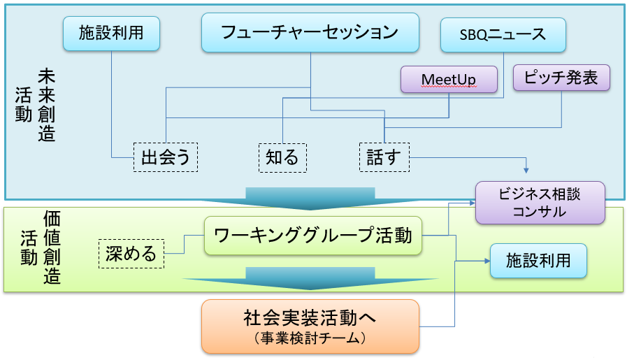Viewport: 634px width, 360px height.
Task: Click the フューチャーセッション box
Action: (x=310, y=32)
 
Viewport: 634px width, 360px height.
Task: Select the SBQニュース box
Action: (x=503, y=35)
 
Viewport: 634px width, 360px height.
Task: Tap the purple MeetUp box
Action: (x=449, y=79)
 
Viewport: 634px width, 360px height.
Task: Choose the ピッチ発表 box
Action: (x=561, y=78)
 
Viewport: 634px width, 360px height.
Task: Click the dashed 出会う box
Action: (x=166, y=157)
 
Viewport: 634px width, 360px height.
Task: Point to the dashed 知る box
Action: (x=282, y=158)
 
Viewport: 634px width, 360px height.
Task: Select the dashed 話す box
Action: (x=384, y=157)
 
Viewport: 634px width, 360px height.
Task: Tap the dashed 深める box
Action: (x=131, y=254)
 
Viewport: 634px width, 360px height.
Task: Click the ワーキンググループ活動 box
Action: (x=313, y=236)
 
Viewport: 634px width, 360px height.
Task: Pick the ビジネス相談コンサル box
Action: (x=540, y=203)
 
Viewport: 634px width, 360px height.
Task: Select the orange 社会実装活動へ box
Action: (x=310, y=326)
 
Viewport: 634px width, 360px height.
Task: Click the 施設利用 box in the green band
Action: (x=538, y=261)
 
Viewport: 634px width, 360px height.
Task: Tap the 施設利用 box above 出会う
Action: (x=111, y=33)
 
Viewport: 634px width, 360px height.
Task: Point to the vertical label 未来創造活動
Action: (x=36, y=105)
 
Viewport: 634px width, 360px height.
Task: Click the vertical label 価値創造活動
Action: (x=41, y=247)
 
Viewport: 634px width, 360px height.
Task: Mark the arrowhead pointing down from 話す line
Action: (x=526, y=171)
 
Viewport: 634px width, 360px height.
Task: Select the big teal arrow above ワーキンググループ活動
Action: (x=310, y=199)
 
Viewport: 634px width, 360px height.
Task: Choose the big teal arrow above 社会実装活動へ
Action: (x=310, y=278)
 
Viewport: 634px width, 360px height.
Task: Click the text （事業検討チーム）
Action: (x=310, y=338)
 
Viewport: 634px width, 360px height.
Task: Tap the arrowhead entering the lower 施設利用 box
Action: (x=488, y=261)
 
